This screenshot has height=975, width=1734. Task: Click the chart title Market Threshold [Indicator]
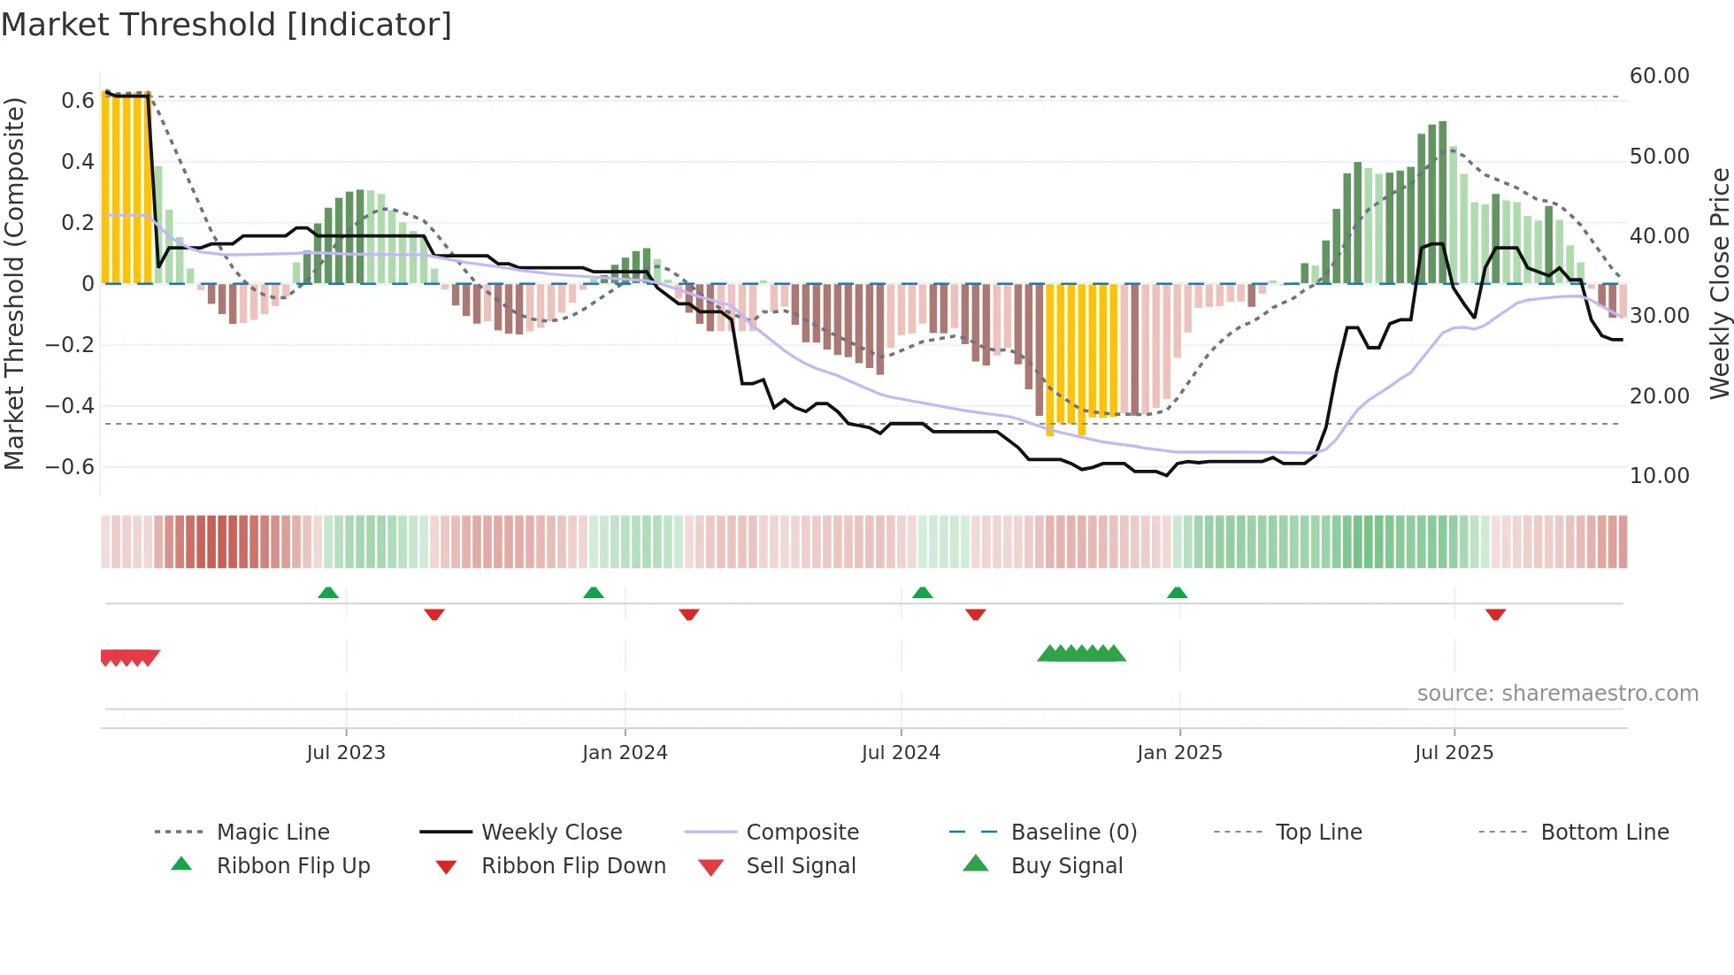click(226, 25)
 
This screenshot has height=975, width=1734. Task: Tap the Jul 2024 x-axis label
click(901, 753)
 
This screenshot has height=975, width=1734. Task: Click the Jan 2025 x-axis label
click(1179, 753)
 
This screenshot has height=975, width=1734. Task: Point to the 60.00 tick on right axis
click(1659, 76)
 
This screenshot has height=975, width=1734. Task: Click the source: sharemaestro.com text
click(1557, 694)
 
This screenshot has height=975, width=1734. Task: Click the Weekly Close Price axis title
click(1719, 283)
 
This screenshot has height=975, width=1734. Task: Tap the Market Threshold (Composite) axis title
click(14, 283)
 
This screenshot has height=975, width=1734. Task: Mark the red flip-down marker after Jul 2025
click(1496, 615)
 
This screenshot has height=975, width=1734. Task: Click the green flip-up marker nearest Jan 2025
click(1177, 593)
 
